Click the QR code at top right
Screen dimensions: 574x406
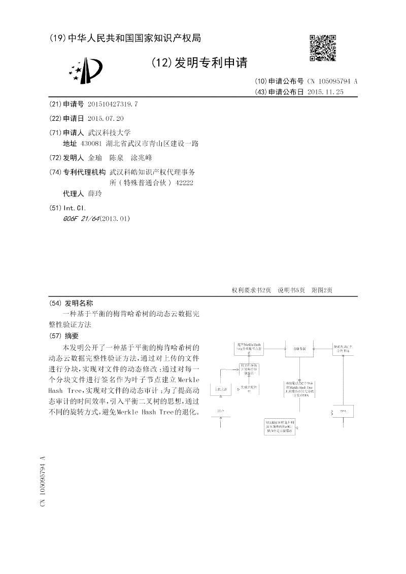pyautogui.click(x=323, y=48)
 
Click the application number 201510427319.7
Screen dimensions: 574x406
pyautogui.click(x=113, y=104)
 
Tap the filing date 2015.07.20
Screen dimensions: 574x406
pyautogui.click(x=106, y=118)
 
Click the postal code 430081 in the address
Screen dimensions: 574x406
pyautogui.click(x=98, y=144)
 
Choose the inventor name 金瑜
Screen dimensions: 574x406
pyautogui.click(x=94, y=158)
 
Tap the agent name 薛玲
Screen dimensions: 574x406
pyautogui.click(x=94, y=194)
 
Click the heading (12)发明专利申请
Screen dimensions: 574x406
pyautogui.click(x=199, y=63)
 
